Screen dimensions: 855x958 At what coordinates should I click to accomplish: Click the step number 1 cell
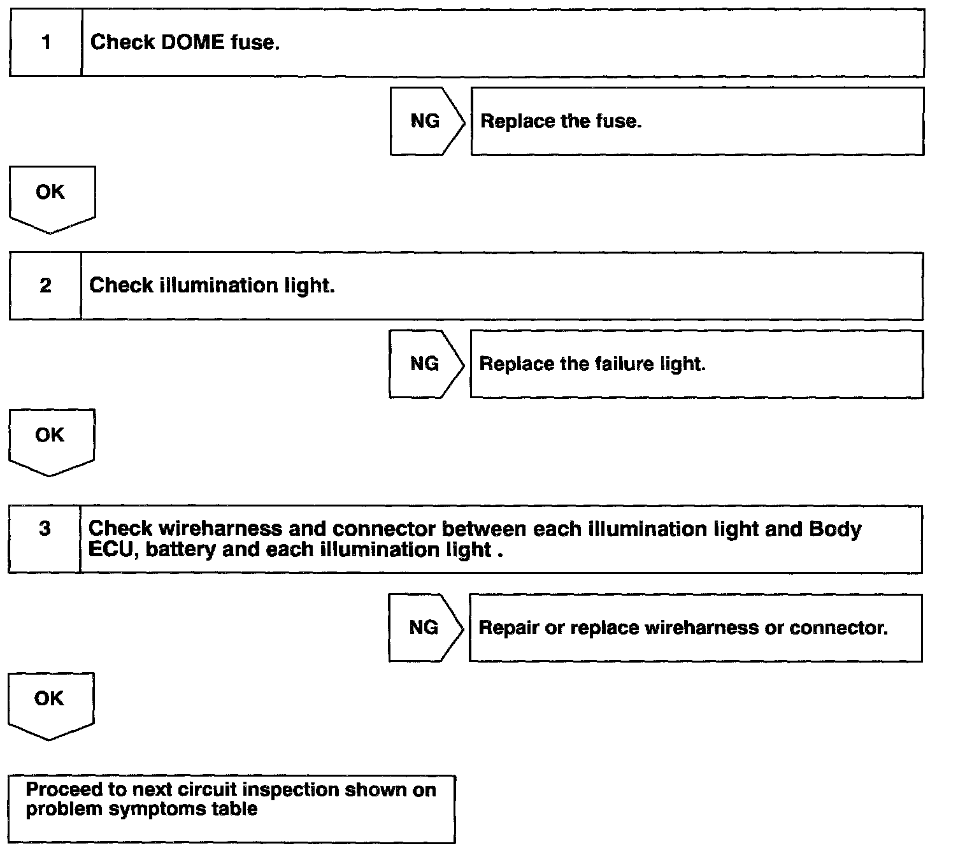pyautogui.click(x=46, y=43)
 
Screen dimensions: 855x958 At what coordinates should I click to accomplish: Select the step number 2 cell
pyautogui.click(x=45, y=285)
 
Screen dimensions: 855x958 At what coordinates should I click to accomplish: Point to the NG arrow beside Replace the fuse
pyautogui.click(x=425, y=121)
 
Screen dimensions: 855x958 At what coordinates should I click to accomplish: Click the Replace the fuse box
pyautogui.click(x=697, y=121)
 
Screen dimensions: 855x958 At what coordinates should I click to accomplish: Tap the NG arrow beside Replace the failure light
pyautogui.click(x=425, y=364)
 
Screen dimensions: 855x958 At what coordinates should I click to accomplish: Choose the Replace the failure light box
pyautogui.click(x=696, y=364)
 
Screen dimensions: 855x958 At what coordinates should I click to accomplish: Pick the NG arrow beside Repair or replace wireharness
pyautogui.click(x=424, y=628)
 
